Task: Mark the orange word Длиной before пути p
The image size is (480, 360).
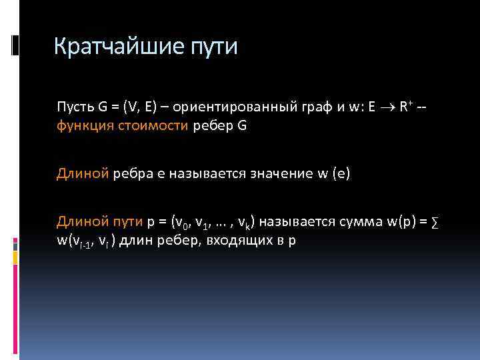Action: click(81, 221)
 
